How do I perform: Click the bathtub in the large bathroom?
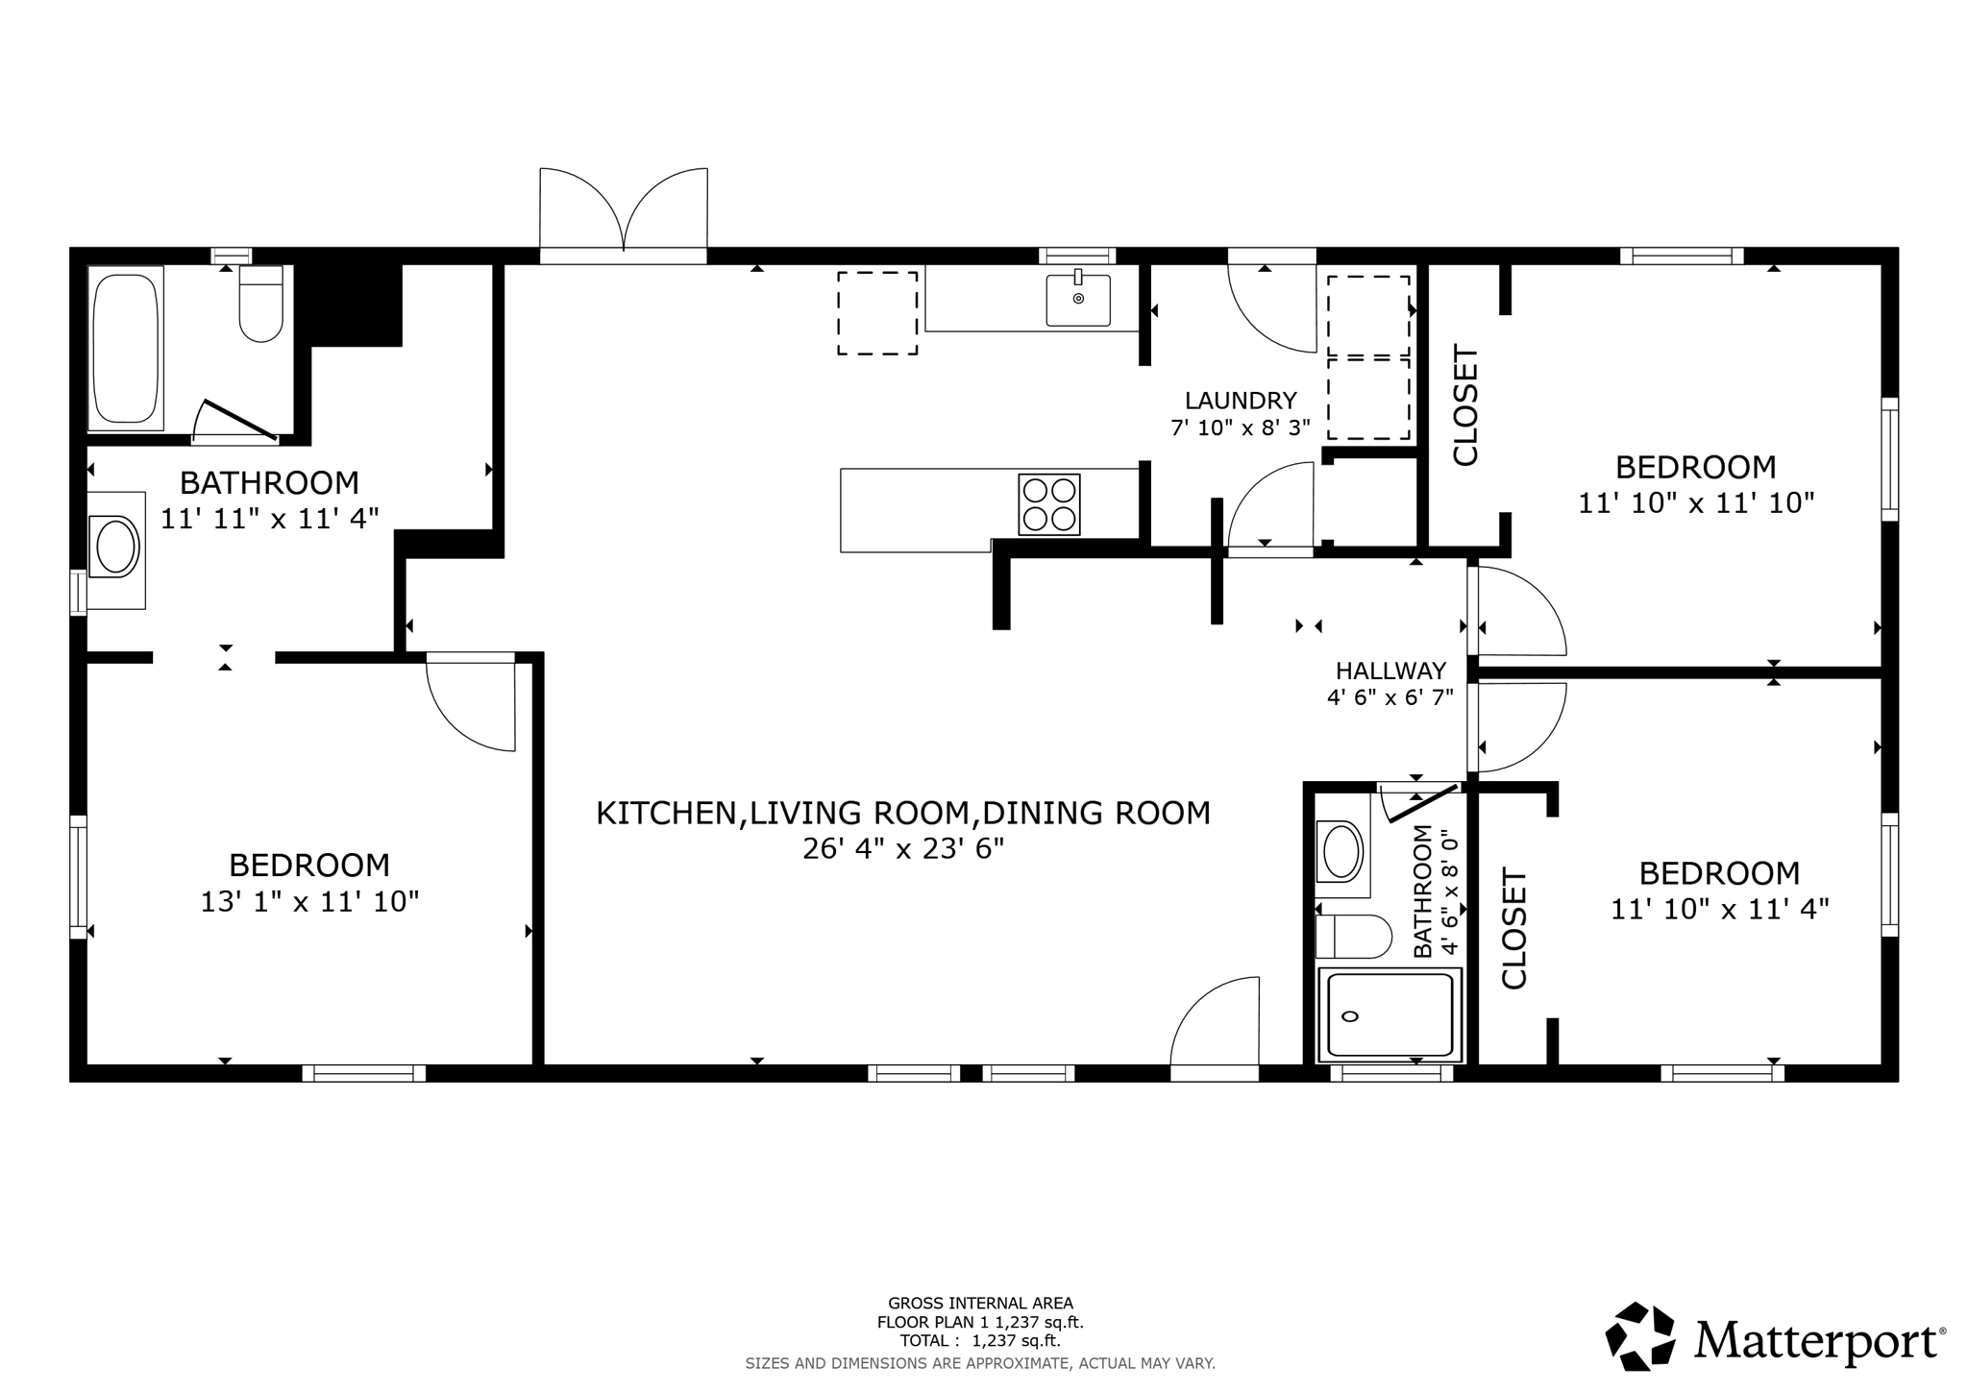point(126,348)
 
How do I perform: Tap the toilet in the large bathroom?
point(260,305)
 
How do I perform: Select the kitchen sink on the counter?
point(1078,300)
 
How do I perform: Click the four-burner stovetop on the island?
point(1048,504)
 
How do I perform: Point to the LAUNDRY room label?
point(1240,401)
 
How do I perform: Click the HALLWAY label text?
point(1390,671)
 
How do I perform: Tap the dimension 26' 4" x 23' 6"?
point(902,849)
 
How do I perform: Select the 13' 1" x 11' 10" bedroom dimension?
point(309,902)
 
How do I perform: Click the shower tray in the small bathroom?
point(1390,1015)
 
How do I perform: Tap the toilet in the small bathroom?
point(1353,937)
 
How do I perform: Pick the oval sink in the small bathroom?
point(1341,851)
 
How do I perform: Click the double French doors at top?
point(624,213)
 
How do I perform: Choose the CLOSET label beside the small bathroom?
point(1513,928)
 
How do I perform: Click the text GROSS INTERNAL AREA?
point(980,1304)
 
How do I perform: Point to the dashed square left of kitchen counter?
point(876,313)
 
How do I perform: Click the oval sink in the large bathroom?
point(115,548)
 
